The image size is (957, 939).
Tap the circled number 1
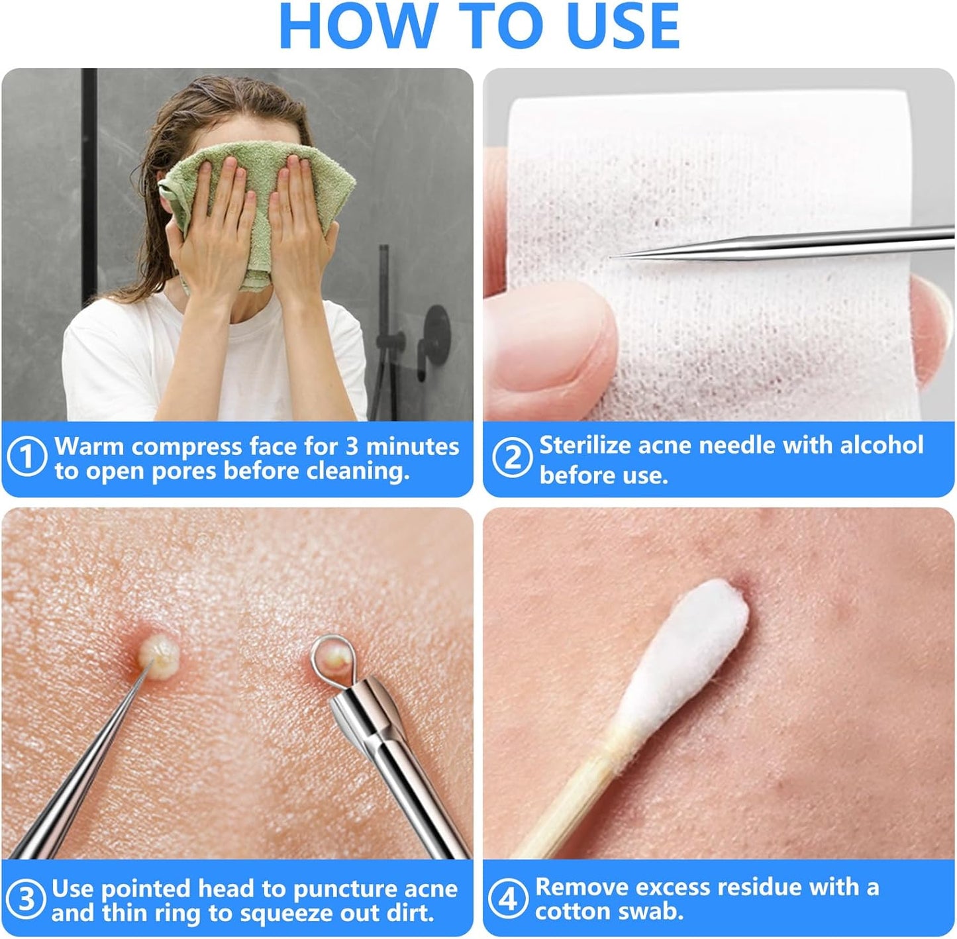(26, 457)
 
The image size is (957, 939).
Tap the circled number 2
(511, 458)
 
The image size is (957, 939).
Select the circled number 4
(507, 899)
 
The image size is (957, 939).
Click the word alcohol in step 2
(881, 445)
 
